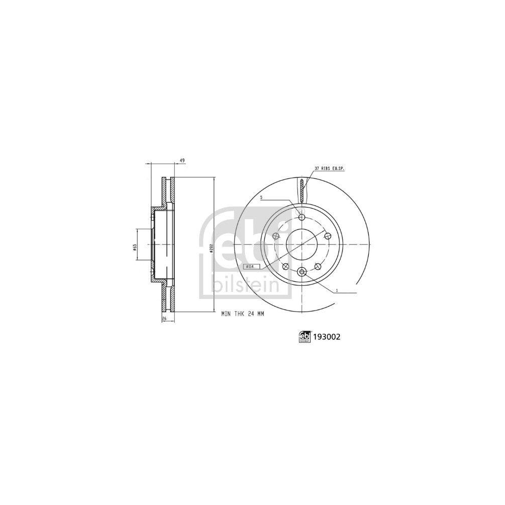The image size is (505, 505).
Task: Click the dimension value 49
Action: tap(182, 161)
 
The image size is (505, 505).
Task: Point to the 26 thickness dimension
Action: tap(164, 319)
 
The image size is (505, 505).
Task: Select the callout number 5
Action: tap(261, 198)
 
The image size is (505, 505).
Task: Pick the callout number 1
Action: tap(336, 290)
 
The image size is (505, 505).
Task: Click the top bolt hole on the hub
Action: tap(302, 217)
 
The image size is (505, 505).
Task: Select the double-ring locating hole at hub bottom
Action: tap(302, 272)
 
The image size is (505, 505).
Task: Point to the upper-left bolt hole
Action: tap(276, 236)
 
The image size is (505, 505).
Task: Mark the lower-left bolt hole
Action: tap(285, 266)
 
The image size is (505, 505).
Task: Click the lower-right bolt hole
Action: tap(318, 266)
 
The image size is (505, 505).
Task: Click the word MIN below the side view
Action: tap(226, 314)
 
